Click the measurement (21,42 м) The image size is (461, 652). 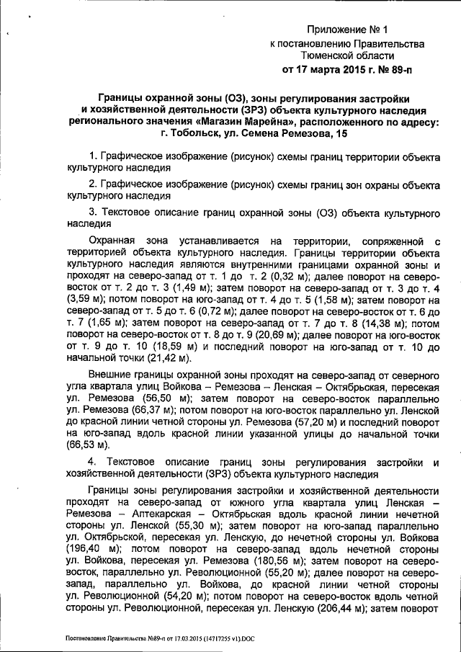click(x=168, y=357)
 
